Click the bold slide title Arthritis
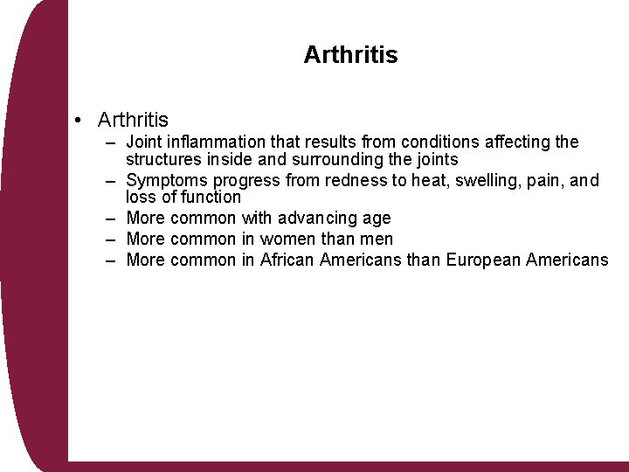click(350, 55)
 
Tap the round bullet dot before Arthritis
click(79, 120)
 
